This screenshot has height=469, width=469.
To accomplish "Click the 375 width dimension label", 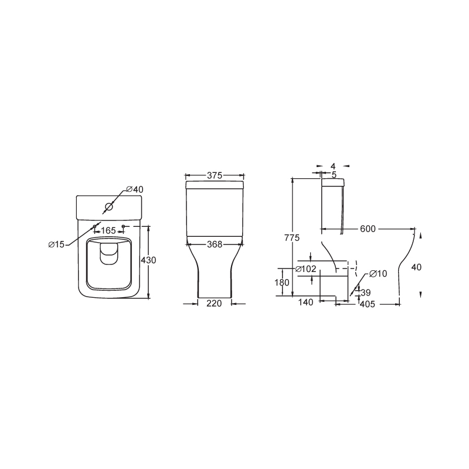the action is coord(215,175).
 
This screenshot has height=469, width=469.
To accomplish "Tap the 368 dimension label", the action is coord(215,244).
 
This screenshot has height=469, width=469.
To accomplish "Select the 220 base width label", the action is coord(214,304).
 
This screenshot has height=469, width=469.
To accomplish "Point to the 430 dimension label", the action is coord(149,260).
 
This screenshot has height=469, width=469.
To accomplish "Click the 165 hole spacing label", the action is coord(108,230).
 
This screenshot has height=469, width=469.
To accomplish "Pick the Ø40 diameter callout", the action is coord(135,189).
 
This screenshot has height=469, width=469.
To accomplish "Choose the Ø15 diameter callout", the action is coord(56,244).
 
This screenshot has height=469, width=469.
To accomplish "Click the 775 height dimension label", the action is coord(292,238).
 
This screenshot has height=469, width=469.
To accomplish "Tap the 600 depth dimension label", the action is coord(368,229).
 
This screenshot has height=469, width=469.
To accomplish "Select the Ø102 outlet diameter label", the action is coord(305,269).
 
